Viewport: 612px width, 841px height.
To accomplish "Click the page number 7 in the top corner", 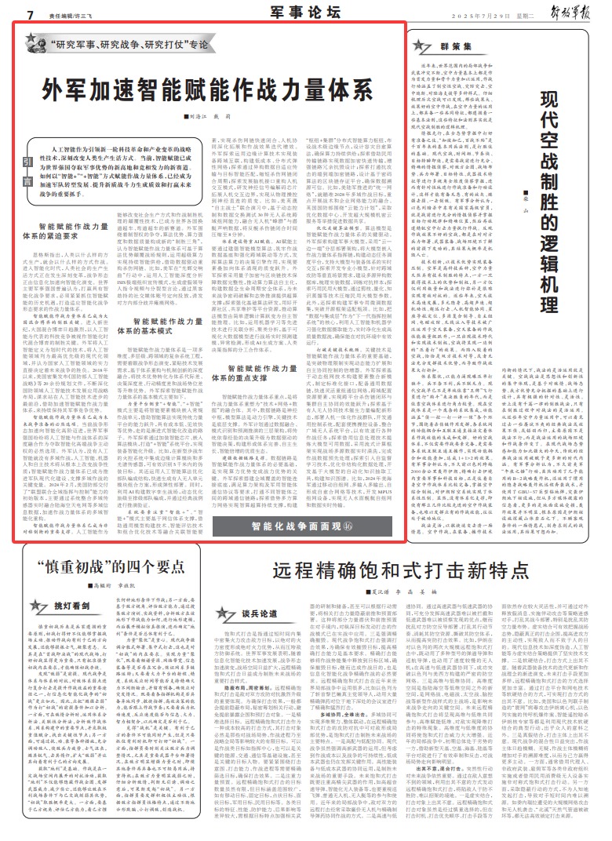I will [x=29, y=14].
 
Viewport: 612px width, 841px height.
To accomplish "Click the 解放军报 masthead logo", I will [x=573, y=13].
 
